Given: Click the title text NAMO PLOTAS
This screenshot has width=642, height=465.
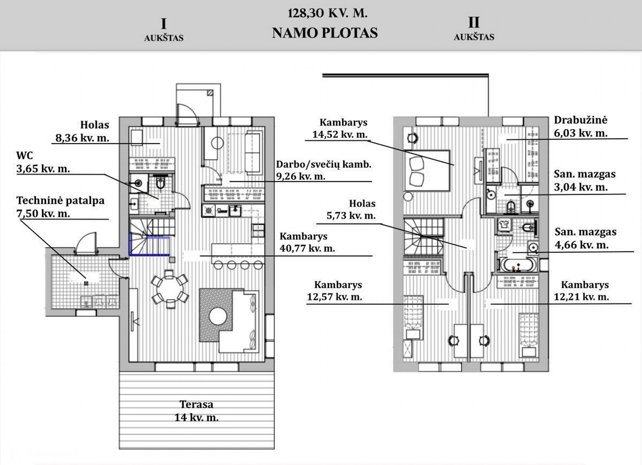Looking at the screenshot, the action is (325, 33).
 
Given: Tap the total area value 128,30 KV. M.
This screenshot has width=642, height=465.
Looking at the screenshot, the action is (327, 13).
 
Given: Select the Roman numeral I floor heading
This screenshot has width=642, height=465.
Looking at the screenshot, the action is (164, 24).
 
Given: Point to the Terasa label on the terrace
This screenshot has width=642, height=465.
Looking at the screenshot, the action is (196, 404).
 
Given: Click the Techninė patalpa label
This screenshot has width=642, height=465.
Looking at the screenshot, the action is (60, 201).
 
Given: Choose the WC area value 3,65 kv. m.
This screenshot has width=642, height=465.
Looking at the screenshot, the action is (43, 169).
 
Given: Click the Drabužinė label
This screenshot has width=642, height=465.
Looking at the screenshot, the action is (581, 120).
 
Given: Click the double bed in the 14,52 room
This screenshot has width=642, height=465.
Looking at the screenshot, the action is (427, 171).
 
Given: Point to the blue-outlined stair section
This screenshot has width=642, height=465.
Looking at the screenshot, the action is (149, 244).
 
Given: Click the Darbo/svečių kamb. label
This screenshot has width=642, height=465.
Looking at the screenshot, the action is (324, 165).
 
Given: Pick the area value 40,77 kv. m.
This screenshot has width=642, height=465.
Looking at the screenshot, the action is (307, 248).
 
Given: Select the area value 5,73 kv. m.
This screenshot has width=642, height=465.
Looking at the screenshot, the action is (351, 216).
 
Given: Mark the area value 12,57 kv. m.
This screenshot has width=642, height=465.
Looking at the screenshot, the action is (335, 297).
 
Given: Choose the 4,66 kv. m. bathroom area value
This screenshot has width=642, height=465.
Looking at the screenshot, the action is (582, 245).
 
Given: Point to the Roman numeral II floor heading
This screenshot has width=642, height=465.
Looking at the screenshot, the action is (474, 23).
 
